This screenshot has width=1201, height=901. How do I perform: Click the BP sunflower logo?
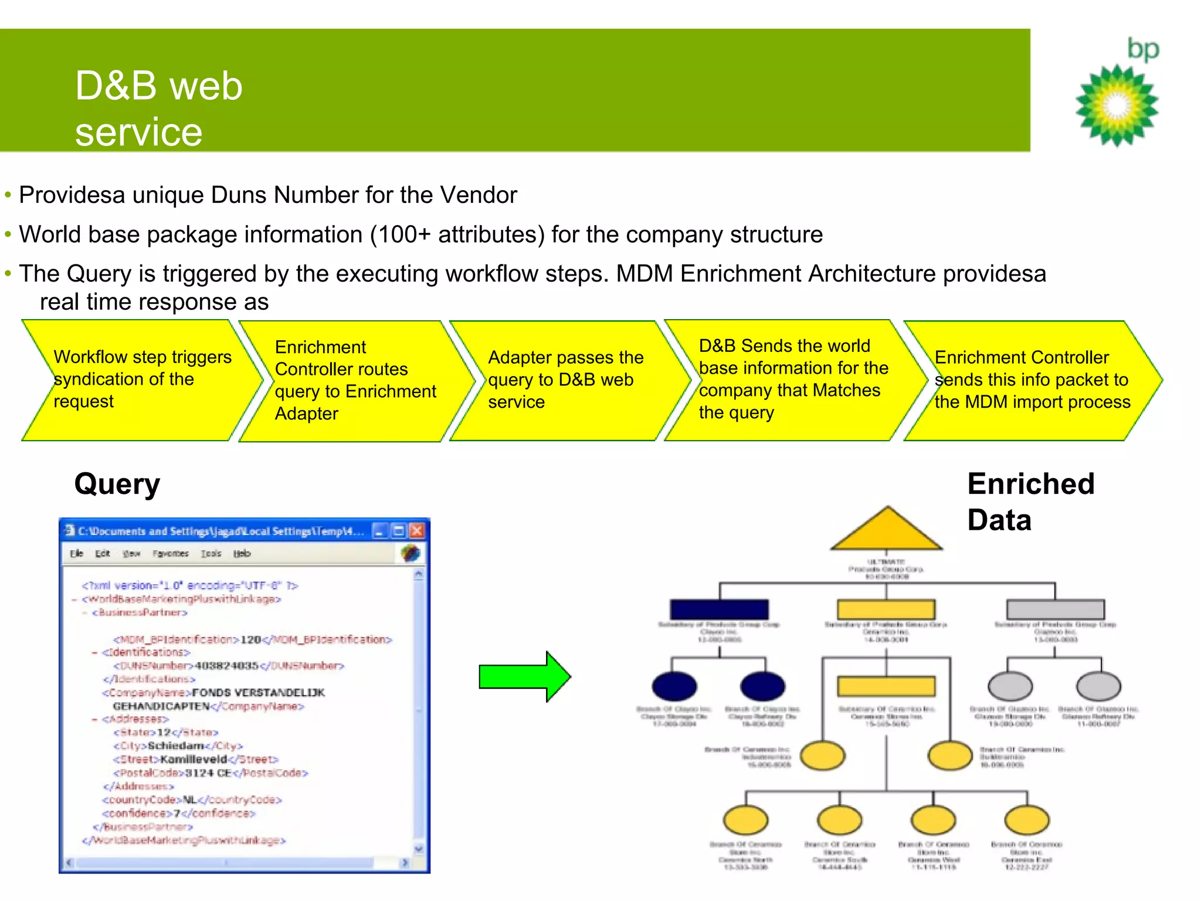pos(1117,106)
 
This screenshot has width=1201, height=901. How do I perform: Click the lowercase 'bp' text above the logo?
pos(1143,49)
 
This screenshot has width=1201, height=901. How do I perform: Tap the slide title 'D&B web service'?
pos(158,109)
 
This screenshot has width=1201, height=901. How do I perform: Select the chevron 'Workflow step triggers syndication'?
pos(141,380)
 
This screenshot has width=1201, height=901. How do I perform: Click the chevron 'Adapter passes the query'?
pos(566,380)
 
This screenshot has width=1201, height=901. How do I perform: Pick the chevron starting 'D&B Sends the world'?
pos(792,380)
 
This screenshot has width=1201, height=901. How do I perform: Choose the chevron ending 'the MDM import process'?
pos(1032,380)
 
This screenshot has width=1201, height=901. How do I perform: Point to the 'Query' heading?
pos(117,485)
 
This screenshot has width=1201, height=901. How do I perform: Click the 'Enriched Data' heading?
pos(1030,502)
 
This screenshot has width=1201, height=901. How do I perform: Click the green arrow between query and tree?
pos(524,676)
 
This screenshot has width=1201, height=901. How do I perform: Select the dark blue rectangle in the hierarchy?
pos(719,609)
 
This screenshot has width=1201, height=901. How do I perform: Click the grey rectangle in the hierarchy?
pos(1055,609)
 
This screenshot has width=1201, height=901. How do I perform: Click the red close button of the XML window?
pos(417,531)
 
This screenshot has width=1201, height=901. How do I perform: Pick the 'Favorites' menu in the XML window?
pos(170,554)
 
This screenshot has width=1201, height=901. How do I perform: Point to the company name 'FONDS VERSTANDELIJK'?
pos(258,693)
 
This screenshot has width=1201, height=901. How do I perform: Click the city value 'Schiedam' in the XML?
pos(176,746)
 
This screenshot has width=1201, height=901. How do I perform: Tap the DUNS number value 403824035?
pos(226,666)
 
